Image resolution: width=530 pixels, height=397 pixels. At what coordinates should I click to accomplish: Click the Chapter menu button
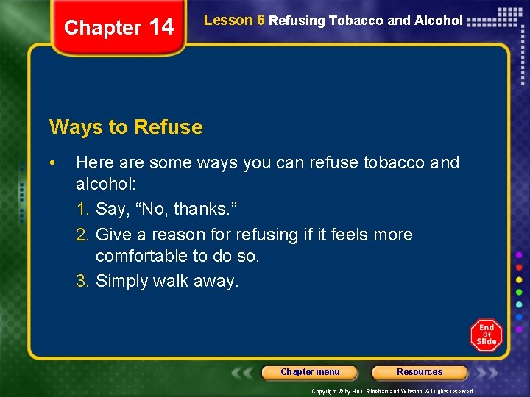(310, 372)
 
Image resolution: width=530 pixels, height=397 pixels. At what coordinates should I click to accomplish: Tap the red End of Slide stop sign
(486, 335)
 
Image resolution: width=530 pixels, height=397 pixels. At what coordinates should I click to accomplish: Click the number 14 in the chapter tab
(160, 27)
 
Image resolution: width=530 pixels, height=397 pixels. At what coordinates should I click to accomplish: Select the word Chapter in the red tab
(102, 28)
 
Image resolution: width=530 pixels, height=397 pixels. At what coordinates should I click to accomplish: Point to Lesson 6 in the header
(233, 21)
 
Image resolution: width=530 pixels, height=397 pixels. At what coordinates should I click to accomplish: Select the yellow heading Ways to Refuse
(126, 127)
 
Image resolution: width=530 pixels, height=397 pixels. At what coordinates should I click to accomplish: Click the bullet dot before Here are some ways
(53, 162)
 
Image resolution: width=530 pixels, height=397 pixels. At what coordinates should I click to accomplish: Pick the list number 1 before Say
(82, 209)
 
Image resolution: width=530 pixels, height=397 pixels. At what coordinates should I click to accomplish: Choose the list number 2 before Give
(82, 235)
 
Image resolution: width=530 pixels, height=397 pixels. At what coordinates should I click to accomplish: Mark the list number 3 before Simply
(82, 281)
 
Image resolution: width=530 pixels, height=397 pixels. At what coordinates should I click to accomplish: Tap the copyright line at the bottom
(392, 391)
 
